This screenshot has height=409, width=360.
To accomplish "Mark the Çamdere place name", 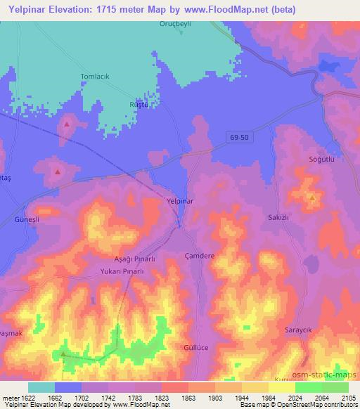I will [198, 257].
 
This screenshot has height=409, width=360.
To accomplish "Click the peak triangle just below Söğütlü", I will [311, 198].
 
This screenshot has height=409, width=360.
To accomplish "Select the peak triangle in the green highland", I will [65, 353].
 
